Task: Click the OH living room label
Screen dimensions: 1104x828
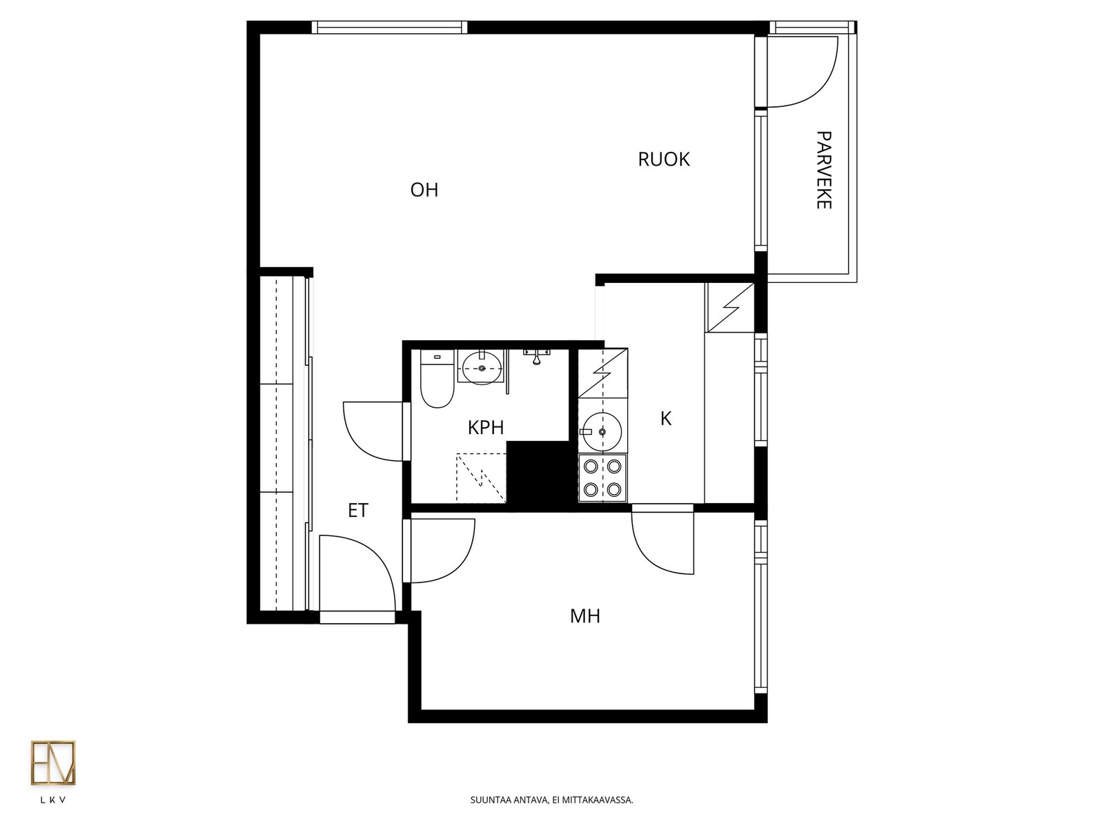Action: pos(424,190)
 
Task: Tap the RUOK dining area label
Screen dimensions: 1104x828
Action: pos(663,159)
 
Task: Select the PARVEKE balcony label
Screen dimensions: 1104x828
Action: pos(823,170)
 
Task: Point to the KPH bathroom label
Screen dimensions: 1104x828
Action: pos(485,427)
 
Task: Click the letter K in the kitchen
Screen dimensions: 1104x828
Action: pos(666,418)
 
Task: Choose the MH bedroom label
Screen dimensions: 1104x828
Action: pos(585,616)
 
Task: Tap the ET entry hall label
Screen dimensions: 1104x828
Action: pos(358,511)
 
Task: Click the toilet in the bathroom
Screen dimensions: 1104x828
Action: pos(437,379)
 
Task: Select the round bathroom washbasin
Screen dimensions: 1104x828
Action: pos(482,368)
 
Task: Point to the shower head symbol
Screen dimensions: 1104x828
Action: pos(536,357)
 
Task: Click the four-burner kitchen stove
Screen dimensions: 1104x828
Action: pos(602,477)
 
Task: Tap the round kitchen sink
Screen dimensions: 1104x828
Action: pos(602,431)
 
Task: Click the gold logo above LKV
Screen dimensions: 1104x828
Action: pos(53,762)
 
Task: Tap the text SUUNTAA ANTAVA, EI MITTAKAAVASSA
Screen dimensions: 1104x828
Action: pos(552,800)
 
